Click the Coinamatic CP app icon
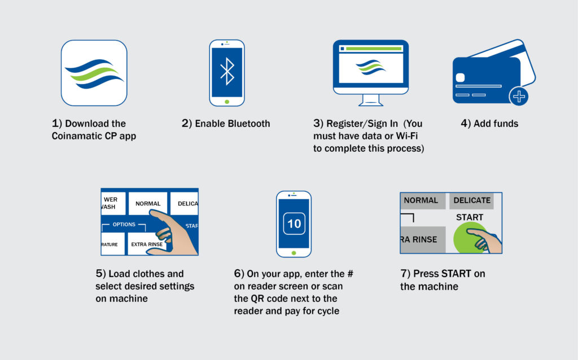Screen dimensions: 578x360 [94, 73]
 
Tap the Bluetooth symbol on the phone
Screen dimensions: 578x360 [227, 72]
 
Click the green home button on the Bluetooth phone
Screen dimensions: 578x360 [227, 102]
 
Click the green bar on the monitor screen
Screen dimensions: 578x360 [374, 49]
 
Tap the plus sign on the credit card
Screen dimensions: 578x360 [519, 97]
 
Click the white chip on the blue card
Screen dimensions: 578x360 [460, 77]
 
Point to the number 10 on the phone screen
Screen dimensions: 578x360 [294, 223]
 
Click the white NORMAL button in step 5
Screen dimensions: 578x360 [148, 203]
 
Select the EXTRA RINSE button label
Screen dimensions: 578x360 [147, 244]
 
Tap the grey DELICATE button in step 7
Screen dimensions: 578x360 [471, 201]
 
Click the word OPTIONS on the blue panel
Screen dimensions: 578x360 [124, 225]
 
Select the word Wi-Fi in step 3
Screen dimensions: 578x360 [406, 136]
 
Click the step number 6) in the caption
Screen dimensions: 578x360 [239, 274]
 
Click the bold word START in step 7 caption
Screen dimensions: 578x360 [456, 274]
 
